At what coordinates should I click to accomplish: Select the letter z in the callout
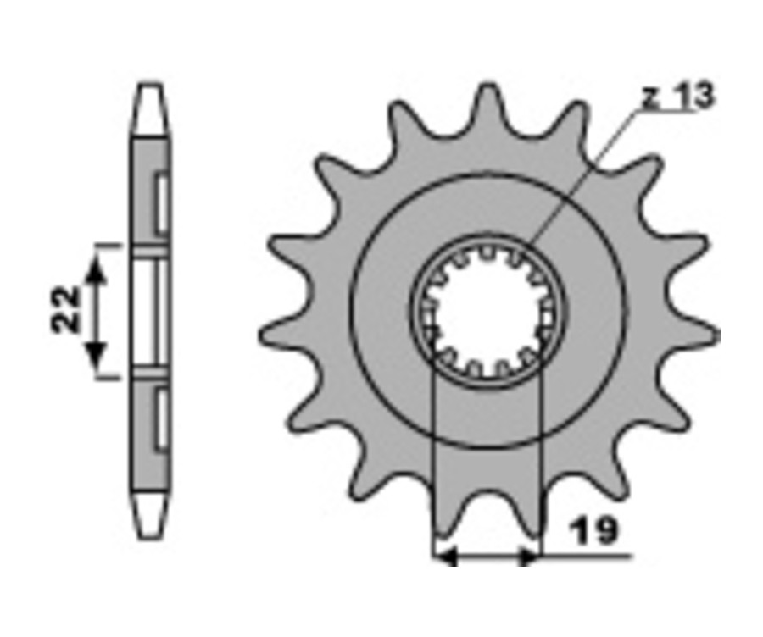(x=651, y=99)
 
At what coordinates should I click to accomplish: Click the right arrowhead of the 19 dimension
(x=528, y=556)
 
